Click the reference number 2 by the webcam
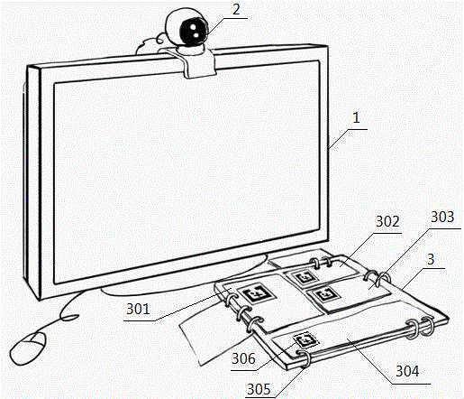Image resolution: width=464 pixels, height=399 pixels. click(237, 9)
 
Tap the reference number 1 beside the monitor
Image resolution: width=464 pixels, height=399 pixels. click(356, 117)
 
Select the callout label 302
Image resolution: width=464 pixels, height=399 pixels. click(387, 221)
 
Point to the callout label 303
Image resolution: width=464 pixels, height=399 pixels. click(442, 217)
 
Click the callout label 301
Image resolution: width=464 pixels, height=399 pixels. click(138, 309)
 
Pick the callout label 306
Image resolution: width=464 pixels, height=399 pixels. click(243, 358)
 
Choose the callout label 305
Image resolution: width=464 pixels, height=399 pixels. click(259, 389)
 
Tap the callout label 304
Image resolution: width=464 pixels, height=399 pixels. click(407, 371)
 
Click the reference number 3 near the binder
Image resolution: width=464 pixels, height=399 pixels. click(431, 259)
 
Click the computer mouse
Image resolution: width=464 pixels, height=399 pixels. click(28, 348)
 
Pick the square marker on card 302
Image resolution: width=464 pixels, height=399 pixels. click(305, 277)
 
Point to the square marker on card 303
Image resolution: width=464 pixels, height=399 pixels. click(325, 294)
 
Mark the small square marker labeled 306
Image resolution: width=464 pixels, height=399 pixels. click(305, 340)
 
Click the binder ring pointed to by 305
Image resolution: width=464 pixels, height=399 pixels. click(304, 358)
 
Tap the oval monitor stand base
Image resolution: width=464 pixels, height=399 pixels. click(184, 277)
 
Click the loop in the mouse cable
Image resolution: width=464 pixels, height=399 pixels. click(69, 317)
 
